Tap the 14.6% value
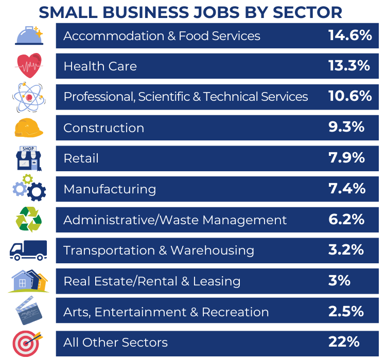tap(350, 35)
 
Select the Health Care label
tap(100, 66)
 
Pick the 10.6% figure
tap(350, 96)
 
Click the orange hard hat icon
tap(29, 128)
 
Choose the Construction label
tap(103, 128)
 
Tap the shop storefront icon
tap(29, 158)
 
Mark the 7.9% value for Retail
tap(347, 158)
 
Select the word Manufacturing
tap(110, 189)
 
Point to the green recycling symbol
tap(29, 220)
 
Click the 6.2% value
tap(346, 220)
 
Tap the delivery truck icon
tap(28, 250)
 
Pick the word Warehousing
tap(212, 250)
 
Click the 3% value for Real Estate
tap(339, 281)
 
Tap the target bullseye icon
tap(27, 343)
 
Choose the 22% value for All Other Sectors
tap(343, 342)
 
